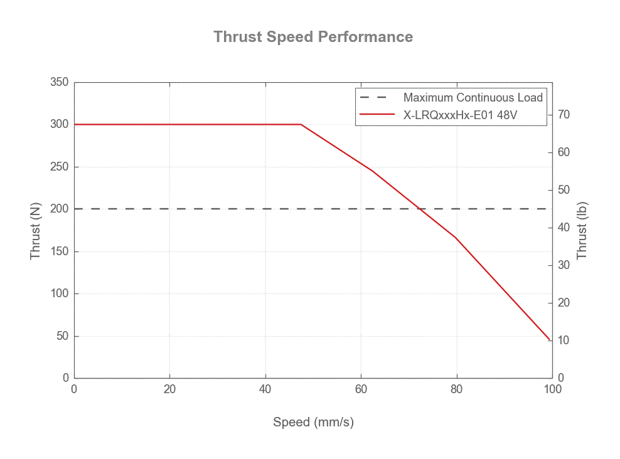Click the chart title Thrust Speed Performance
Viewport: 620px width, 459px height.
pyautogui.click(x=313, y=36)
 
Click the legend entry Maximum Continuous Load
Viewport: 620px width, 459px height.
pyautogui.click(x=473, y=97)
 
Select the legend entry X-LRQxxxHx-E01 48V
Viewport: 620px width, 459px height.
pyautogui.click(x=460, y=115)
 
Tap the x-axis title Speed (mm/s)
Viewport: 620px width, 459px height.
pyautogui.click(x=313, y=422)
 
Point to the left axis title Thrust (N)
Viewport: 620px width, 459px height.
pyautogui.click(x=36, y=230)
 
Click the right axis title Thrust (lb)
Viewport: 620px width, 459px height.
pyautogui.click(x=582, y=230)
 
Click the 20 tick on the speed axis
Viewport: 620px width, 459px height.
pyautogui.click(x=169, y=389)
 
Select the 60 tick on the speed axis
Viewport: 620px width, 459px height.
pyautogui.click(x=361, y=389)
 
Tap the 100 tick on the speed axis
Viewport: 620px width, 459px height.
pyautogui.click(x=552, y=389)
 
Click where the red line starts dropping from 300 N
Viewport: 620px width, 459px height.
pyautogui.click(x=301, y=124)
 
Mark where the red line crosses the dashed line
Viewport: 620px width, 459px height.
pyautogui.click(x=419, y=209)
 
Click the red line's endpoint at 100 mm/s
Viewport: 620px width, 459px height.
pyautogui.click(x=550, y=340)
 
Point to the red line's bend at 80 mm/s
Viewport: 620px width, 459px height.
pyautogui.click(x=456, y=238)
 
